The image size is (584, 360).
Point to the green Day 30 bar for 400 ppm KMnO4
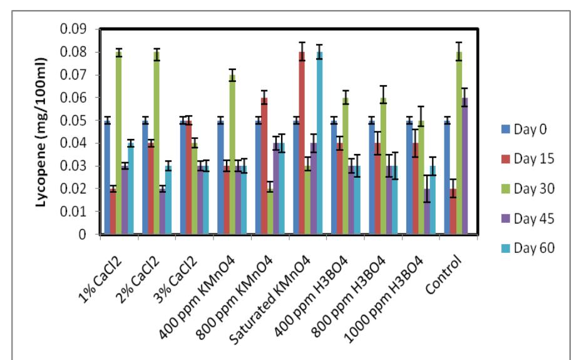(232, 155)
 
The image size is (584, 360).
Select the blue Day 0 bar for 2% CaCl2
(145, 178)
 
